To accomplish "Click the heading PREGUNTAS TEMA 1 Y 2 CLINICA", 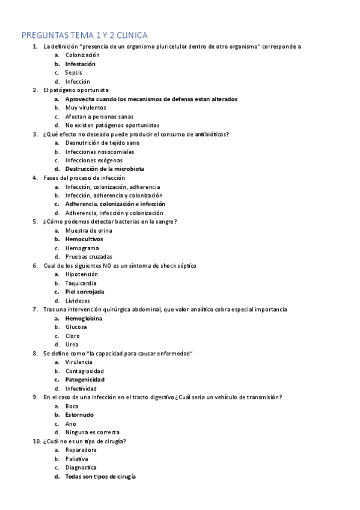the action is tap(84, 35).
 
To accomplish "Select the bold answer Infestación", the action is tap(80, 64).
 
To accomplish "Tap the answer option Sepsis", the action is tap(73, 73).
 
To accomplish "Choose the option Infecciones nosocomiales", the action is tap(100, 152).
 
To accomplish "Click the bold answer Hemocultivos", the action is tap(84, 239).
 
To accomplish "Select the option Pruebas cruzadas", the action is tap(89, 257).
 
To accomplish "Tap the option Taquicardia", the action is tap(81, 283).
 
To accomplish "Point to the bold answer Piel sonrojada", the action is tap(84, 292).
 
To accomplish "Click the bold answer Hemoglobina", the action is tap(84, 318).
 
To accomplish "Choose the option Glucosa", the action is tap(76, 327).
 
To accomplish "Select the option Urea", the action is tap(72, 345).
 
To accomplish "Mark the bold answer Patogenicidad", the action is tap(85, 379).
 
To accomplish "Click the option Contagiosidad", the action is tap(84, 371).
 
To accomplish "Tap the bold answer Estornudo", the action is tap(79, 414).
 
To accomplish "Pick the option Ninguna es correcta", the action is tap(92, 432).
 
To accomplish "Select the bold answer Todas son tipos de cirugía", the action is tap(100, 476).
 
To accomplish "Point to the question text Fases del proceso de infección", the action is tap(84, 178).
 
